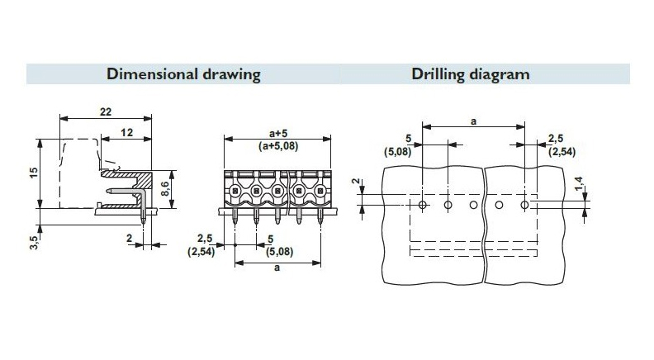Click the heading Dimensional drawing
click(183, 74)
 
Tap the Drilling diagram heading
click(471, 74)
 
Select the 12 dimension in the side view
click(126, 133)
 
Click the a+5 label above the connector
click(278, 132)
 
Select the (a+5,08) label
click(278, 146)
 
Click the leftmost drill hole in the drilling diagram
click(422, 204)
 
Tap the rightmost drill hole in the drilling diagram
click(525, 204)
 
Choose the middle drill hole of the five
click(473, 204)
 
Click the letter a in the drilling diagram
click(474, 121)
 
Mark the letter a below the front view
click(277, 268)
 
